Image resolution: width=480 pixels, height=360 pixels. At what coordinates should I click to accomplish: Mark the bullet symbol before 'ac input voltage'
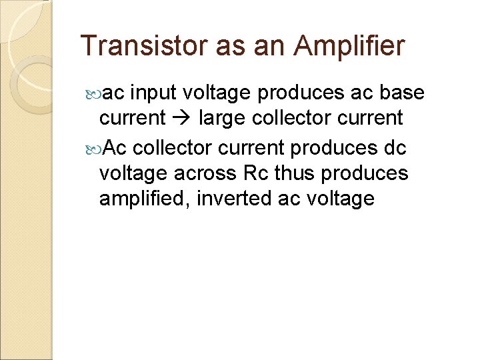(x=93, y=93)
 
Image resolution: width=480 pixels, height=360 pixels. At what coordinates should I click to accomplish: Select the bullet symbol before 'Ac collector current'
(x=93, y=146)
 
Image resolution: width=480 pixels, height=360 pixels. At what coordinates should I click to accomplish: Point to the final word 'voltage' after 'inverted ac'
(x=341, y=199)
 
